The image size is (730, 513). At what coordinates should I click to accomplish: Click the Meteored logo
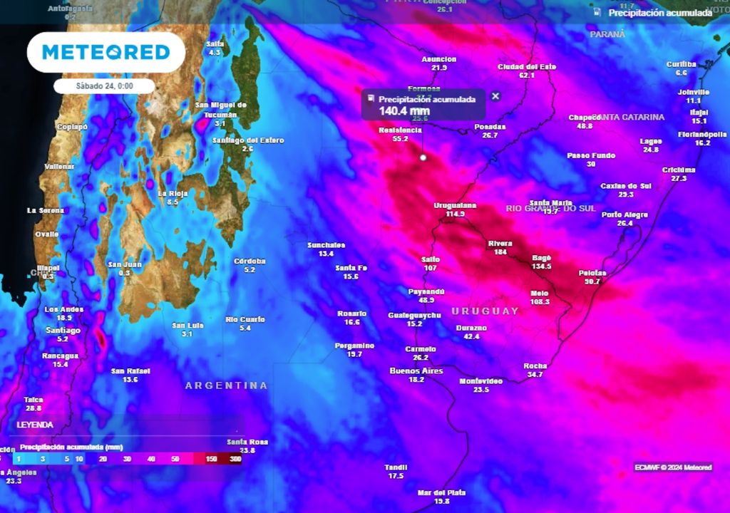(x=106, y=52)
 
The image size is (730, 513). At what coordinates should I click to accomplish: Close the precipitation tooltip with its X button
(x=495, y=96)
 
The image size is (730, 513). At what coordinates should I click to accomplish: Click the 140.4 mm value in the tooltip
(x=403, y=110)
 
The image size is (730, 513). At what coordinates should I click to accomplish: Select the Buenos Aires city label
(x=416, y=370)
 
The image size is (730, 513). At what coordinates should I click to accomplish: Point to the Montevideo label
(x=480, y=380)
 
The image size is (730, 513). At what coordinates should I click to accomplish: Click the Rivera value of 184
(x=500, y=252)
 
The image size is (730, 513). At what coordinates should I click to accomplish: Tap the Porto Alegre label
(x=624, y=214)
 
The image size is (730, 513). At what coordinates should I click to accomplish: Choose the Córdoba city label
(x=250, y=261)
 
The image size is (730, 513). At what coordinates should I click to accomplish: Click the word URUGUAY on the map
(x=485, y=311)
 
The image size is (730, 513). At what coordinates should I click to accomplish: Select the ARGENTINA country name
(x=226, y=385)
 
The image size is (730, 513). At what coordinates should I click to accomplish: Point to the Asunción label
(x=438, y=59)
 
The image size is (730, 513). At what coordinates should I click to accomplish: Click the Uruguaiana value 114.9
(x=455, y=214)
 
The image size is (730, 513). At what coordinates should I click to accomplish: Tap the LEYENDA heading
(x=35, y=424)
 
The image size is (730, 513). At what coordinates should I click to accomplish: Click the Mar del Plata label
(x=442, y=492)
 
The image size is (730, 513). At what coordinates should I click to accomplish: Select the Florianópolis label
(x=702, y=134)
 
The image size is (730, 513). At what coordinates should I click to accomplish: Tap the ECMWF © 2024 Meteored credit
(x=673, y=467)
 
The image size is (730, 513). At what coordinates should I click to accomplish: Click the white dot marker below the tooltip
(x=423, y=157)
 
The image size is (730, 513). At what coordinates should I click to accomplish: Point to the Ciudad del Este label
(x=526, y=66)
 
